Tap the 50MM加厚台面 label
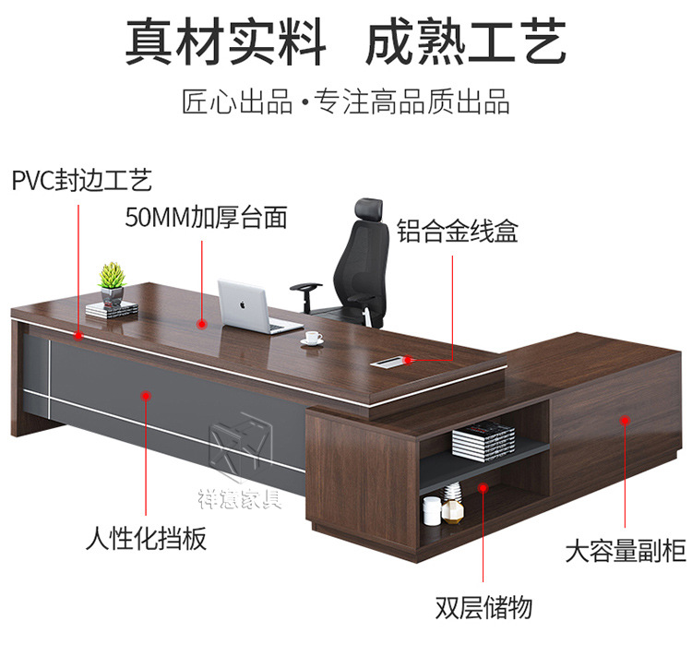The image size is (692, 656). coord(206,218)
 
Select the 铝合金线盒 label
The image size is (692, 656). coord(458,231)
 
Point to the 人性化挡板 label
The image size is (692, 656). coord(146,538)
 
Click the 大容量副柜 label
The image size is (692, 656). coord(625,553)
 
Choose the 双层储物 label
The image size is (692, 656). coord(483,608)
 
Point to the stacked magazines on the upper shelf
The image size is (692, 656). coord(483,439)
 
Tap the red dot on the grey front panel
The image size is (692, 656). coord(146,394)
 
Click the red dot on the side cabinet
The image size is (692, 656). coord(625,420)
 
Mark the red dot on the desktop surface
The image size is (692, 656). coord(202,322)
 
